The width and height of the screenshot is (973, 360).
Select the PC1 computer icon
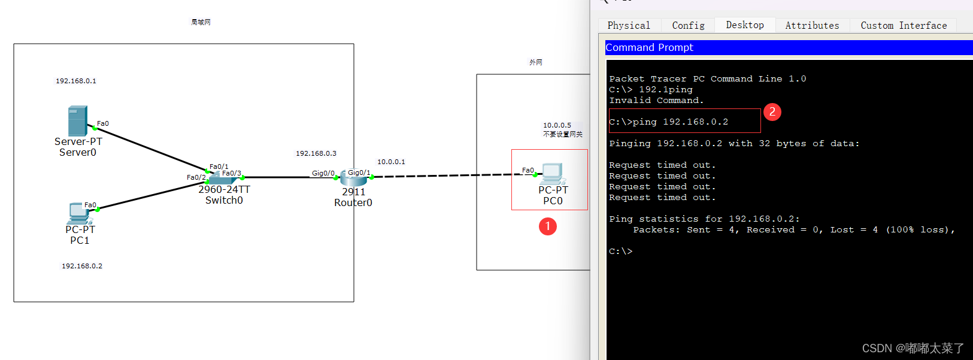(x=78, y=213)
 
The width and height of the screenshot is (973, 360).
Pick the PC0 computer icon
(x=553, y=173)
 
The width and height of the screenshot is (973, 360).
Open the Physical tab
(x=629, y=25)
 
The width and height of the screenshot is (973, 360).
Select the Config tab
(x=688, y=25)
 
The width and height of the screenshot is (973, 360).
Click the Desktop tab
(x=745, y=25)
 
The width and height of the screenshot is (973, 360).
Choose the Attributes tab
(x=812, y=25)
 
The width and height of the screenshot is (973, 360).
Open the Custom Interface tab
(x=904, y=25)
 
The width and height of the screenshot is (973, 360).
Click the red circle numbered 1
(x=548, y=226)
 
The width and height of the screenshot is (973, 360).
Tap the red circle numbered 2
(x=772, y=112)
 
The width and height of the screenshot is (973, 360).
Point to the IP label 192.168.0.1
(x=76, y=81)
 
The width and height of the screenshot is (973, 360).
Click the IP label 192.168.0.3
(x=316, y=153)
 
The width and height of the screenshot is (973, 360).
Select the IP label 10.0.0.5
(x=557, y=125)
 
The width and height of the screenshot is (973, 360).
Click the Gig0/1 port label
(x=359, y=173)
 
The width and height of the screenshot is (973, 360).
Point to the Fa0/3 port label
(x=232, y=173)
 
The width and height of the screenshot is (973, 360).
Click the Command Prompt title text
(x=649, y=47)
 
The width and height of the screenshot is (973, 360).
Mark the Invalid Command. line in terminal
(x=656, y=101)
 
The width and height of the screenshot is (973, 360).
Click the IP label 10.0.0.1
(x=391, y=162)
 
